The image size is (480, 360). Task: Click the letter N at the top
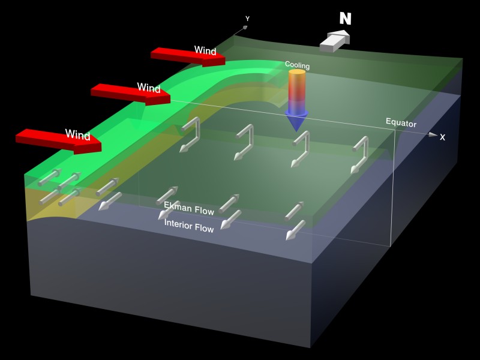[x=345, y=19]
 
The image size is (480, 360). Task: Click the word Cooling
[x=296, y=64]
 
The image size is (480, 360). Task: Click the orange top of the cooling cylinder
[x=297, y=73]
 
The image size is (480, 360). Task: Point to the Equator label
[x=401, y=123]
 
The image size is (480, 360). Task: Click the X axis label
[x=443, y=137]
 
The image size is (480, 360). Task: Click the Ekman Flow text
[x=189, y=208]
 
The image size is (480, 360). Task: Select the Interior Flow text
[x=189, y=225]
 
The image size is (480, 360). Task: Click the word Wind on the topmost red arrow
[x=205, y=50]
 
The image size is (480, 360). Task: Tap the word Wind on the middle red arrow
[x=149, y=88]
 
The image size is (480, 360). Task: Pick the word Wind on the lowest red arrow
[x=78, y=134]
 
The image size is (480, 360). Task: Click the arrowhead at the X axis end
[x=433, y=135]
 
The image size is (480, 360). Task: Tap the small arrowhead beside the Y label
[x=245, y=27]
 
